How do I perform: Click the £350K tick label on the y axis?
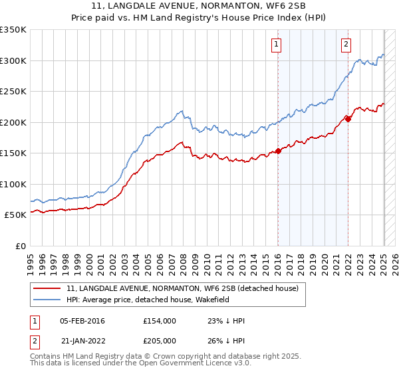[13, 30]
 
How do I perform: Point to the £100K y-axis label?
[13, 184]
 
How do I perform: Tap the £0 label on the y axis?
[21, 246]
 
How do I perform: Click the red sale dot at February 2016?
[278, 151]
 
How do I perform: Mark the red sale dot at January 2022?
[348, 120]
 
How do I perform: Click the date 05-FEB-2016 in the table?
[82, 321]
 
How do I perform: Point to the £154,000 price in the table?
[159, 321]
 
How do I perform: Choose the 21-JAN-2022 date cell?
[82, 341]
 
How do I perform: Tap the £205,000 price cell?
[159, 341]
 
